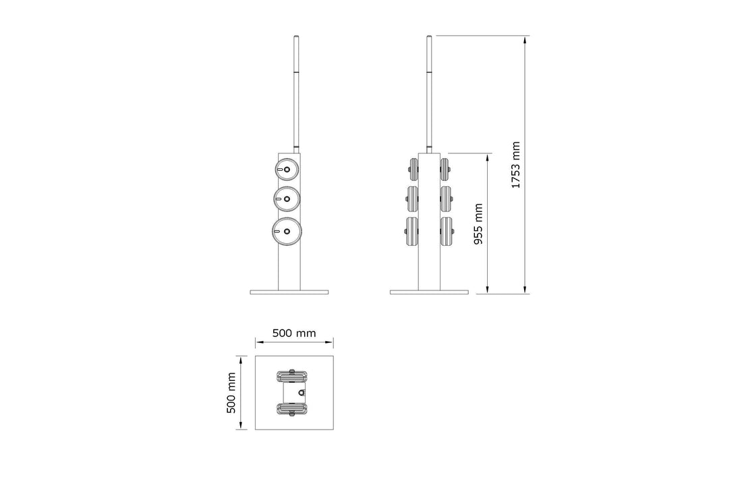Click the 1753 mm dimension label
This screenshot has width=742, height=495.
[515, 165]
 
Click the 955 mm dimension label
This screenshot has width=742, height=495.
[478, 224]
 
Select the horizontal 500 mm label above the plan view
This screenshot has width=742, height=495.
[293, 334]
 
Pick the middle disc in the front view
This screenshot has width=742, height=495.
[286, 199]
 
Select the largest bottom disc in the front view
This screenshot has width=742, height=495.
[287, 231]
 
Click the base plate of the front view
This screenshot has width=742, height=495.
[289, 292]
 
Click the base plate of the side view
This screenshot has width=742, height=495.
[429, 292]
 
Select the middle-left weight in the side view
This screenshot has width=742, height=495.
[412, 198]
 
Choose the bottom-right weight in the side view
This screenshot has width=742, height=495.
[445, 232]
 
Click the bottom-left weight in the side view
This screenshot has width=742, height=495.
[412, 232]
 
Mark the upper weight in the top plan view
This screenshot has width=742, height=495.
[292, 375]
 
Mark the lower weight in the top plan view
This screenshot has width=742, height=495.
[292, 408]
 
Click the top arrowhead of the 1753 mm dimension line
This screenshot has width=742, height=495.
[525, 38]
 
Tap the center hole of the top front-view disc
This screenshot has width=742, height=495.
[287, 169]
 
